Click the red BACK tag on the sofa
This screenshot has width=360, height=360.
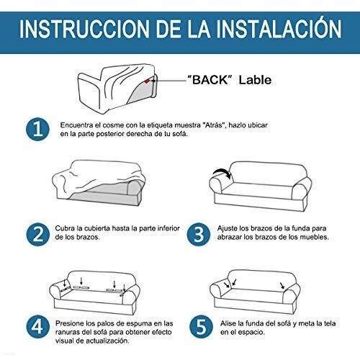click(x=147, y=81)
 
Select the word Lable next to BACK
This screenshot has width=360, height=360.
click(x=255, y=80)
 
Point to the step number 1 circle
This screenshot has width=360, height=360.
click(x=37, y=130)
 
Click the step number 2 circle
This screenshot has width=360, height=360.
click(x=37, y=235)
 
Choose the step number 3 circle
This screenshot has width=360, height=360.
click(x=199, y=235)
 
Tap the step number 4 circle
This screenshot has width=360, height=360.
click(x=37, y=327)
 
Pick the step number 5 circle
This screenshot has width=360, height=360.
click(x=201, y=327)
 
